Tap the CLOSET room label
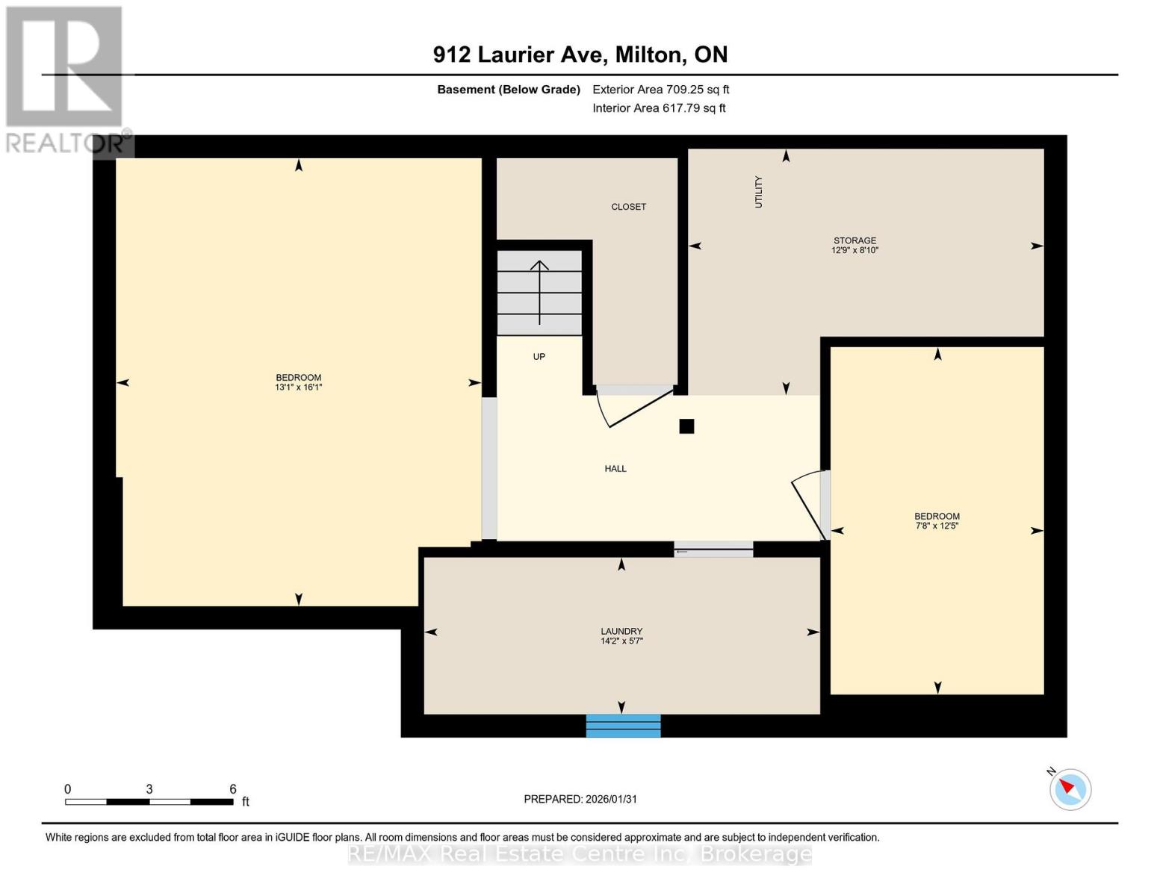click(x=628, y=207)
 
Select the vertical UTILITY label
click(x=758, y=192)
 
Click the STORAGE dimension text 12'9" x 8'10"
click(x=855, y=251)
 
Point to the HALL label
click(x=615, y=469)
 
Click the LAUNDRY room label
click(x=621, y=631)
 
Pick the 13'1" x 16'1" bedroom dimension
click(x=298, y=388)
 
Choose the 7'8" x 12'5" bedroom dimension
click(x=937, y=526)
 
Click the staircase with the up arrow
click(x=539, y=293)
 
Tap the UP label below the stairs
click(x=539, y=357)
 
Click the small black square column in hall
click(x=686, y=426)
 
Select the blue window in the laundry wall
click(x=623, y=726)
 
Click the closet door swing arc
click(x=627, y=409)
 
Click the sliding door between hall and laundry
click(x=713, y=551)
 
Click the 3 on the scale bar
click(x=149, y=789)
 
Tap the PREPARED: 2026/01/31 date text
click(x=580, y=799)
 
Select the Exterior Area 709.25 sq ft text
click(x=660, y=90)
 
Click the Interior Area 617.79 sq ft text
click(x=659, y=108)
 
